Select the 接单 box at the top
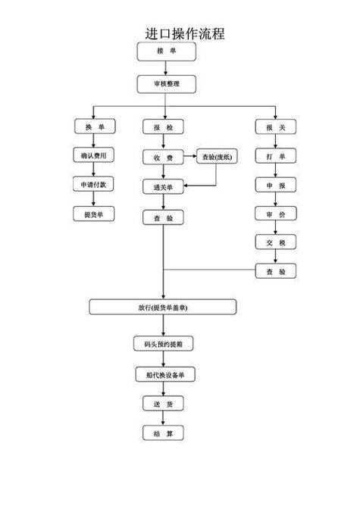coord(166,51)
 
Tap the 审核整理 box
coord(166,83)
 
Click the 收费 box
coord(163,158)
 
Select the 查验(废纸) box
coord(217,158)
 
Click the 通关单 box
coord(163,186)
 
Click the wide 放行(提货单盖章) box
coord(163,307)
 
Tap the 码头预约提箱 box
coord(163,344)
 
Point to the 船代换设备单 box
coord(164,374)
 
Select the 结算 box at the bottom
coord(163,433)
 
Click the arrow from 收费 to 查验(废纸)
coord(189,158)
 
